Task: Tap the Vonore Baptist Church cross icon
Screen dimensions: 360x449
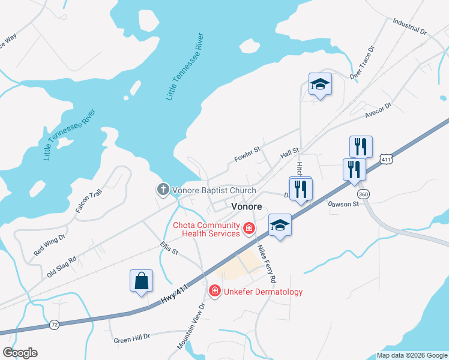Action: point(163,190)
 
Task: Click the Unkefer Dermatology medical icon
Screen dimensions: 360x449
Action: point(214,291)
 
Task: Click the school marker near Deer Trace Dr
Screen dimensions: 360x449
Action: point(320,85)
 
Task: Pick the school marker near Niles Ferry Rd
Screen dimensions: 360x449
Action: point(279,225)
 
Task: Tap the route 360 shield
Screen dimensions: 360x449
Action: point(363,194)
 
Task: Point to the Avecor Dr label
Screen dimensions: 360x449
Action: point(378,110)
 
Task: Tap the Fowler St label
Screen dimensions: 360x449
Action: point(247,158)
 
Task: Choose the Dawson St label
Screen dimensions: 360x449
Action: point(343,204)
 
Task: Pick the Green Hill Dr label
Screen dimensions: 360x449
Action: point(131,340)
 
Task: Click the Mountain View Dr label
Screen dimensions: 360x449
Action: point(191,325)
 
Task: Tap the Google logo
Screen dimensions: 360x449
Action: point(20,353)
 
